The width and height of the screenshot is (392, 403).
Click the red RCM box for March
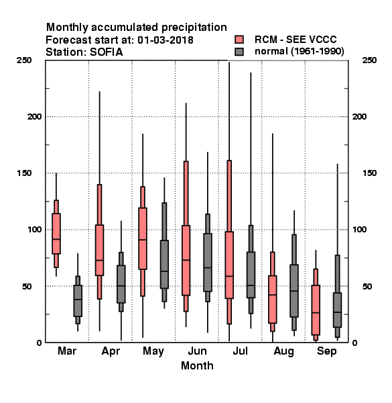point(56,234)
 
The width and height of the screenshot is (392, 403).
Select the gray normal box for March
point(78,301)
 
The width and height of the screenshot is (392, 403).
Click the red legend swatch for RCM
point(239,40)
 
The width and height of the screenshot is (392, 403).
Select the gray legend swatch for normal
point(239,52)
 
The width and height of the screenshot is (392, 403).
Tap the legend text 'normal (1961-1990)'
point(299,52)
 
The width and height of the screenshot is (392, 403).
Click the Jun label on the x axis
point(197,351)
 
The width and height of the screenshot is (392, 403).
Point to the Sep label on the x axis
point(326,351)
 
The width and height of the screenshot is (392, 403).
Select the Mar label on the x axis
point(67,351)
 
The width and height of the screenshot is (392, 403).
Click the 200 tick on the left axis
point(35,117)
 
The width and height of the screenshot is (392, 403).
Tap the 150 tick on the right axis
point(369,173)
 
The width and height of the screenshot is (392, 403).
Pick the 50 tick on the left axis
point(28,286)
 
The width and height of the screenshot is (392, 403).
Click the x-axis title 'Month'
point(197,366)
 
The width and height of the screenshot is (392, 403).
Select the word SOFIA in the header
point(106,52)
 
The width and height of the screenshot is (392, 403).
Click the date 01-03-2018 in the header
point(166,40)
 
